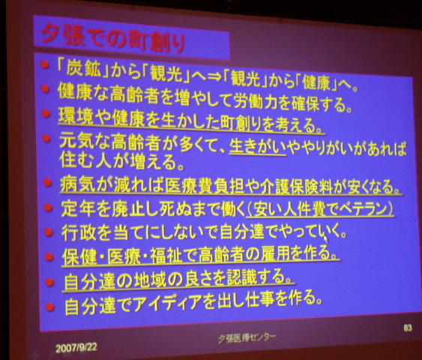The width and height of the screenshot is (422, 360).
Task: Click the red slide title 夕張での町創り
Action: point(113,39)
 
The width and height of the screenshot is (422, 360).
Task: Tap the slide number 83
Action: point(408,328)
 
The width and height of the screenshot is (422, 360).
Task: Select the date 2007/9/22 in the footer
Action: point(76,347)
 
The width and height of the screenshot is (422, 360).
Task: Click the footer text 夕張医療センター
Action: point(247,338)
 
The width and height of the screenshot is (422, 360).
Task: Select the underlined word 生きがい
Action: point(258,147)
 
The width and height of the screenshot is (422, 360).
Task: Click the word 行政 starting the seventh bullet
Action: point(79,232)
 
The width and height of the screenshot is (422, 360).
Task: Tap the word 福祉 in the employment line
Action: point(168,256)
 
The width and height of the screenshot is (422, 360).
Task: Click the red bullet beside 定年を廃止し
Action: point(48,208)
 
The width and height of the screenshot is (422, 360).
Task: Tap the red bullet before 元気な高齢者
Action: point(46,139)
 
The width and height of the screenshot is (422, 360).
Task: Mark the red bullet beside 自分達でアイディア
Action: point(49,307)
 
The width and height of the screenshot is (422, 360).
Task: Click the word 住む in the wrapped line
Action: point(76,160)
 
